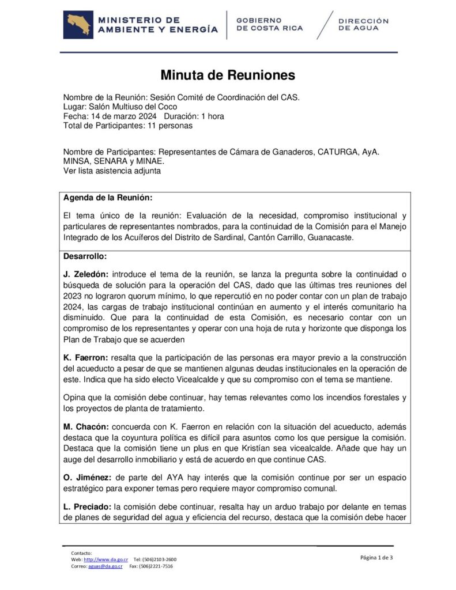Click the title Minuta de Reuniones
227,75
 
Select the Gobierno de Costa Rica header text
269,24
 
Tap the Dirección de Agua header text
363,24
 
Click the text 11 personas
172,125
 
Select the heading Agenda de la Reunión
108,198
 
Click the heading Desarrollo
85,256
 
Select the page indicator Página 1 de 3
376,557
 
